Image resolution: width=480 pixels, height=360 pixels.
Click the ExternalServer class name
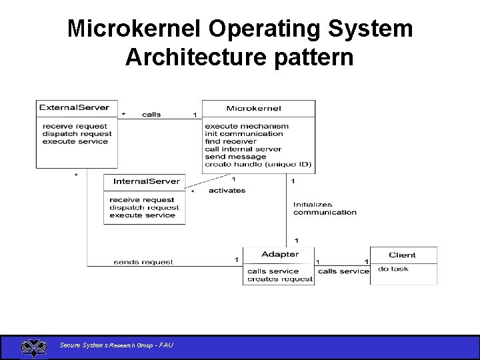[x=74, y=107]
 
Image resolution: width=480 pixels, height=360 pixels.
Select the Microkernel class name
[x=254, y=108]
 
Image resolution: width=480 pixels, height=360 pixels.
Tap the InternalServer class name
[x=147, y=181]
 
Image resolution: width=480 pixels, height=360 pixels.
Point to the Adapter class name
[x=280, y=254]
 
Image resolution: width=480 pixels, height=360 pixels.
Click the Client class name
[x=402, y=255]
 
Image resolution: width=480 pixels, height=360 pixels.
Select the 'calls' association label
[x=151, y=115]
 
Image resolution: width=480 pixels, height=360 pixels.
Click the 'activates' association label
[x=227, y=191]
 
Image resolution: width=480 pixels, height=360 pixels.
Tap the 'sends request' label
[x=143, y=262]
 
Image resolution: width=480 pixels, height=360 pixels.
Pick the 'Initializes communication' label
[x=325, y=209]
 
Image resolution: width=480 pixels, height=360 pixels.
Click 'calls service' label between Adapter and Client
[x=343, y=271]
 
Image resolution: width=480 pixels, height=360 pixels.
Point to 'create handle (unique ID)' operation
[x=258, y=165]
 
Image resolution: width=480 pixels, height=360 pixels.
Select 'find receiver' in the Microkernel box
[x=231, y=141]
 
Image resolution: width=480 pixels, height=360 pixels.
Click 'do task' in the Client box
[x=393, y=269]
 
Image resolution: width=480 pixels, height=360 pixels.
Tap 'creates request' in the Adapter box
[x=280, y=279]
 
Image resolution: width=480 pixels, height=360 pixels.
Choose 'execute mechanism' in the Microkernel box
[x=247, y=126]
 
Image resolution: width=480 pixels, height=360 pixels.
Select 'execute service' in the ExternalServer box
[x=75, y=141]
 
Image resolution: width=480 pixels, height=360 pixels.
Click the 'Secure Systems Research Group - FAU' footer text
[x=117, y=345]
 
